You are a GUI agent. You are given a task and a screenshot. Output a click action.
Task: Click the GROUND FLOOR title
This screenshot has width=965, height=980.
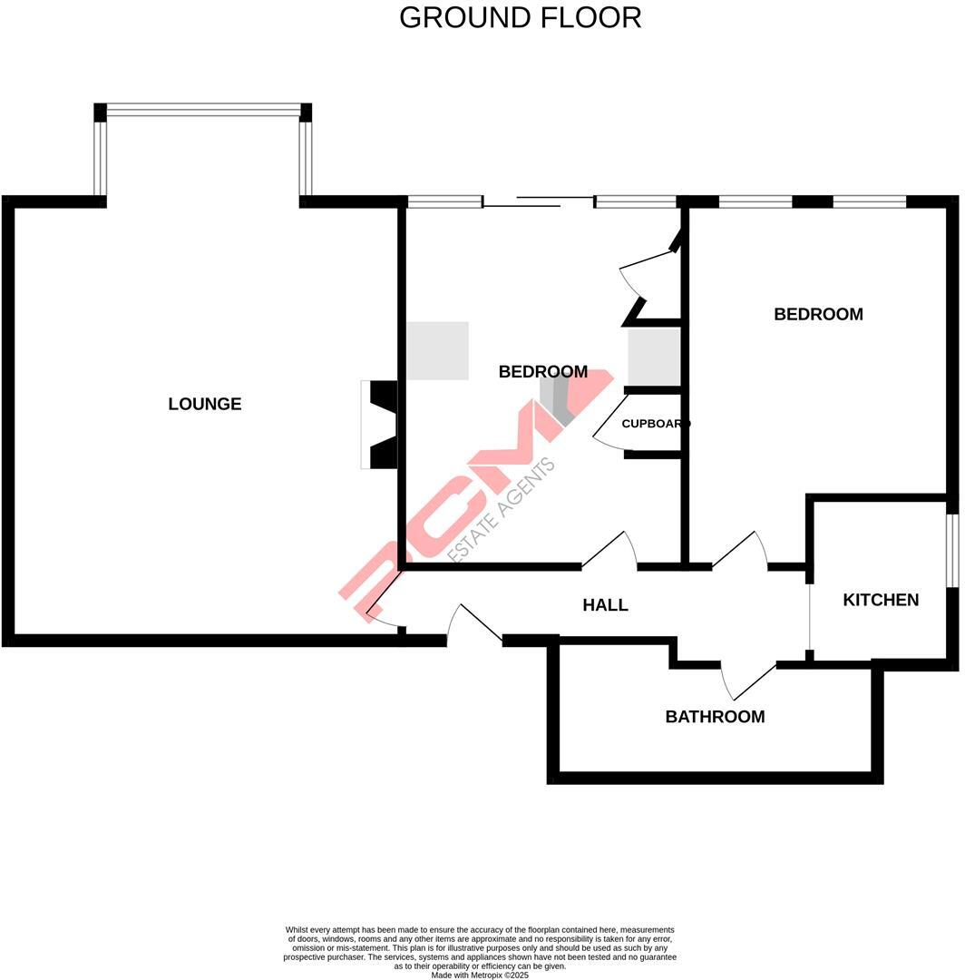(520, 17)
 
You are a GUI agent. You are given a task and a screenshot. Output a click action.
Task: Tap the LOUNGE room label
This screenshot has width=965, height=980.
(205, 404)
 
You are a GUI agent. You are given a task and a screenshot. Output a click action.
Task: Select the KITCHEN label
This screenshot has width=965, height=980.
(881, 600)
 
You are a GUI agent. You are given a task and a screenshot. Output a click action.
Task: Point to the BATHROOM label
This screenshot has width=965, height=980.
(715, 717)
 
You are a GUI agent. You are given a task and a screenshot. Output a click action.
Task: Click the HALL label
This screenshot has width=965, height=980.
(605, 604)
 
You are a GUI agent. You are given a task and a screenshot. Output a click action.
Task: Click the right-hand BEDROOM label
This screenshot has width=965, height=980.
(818, 314)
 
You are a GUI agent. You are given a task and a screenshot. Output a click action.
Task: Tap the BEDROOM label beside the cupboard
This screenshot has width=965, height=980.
(542, 371)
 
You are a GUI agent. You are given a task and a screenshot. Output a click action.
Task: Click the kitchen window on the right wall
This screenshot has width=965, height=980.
(952, 551)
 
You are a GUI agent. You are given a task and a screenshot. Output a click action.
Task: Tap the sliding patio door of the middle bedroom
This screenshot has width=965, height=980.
(537, 202)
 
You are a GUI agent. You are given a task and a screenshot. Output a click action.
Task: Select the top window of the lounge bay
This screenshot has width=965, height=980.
(203, 112)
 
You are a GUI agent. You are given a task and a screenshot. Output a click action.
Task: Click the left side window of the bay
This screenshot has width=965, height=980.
(100, 158)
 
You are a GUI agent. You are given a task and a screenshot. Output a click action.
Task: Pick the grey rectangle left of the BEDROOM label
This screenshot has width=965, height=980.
(437, 350)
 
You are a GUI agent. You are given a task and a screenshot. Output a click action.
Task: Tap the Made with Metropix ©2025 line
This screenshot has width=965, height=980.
(480, 975)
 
